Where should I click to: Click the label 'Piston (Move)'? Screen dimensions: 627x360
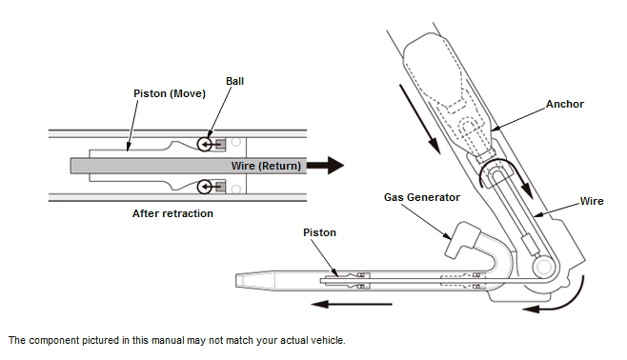tap(170, 94)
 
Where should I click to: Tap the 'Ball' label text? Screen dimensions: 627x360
tap(234, 81)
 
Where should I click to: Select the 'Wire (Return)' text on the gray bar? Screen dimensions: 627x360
tap(266, 166)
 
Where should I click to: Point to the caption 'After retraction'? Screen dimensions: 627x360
tap(172, 213)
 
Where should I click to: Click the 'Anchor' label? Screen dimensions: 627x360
tap(565, 104)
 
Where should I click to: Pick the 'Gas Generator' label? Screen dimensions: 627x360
tap(422, 197)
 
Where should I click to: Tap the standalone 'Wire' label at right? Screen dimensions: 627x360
tap(592, 201)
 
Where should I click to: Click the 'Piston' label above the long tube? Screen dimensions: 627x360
tap(319, 232)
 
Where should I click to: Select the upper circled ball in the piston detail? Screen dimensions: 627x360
tap(205, 144)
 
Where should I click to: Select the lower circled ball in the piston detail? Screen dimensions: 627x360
tap(205, 187)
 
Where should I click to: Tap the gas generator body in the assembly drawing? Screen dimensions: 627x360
tap(462, 241)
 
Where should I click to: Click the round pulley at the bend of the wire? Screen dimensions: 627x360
tap(544, 267)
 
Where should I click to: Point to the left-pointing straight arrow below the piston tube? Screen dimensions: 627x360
tap(352, 304)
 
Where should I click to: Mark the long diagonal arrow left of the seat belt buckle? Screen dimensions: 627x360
tap(420, 119)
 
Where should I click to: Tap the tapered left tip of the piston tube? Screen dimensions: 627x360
tap(239, 280)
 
